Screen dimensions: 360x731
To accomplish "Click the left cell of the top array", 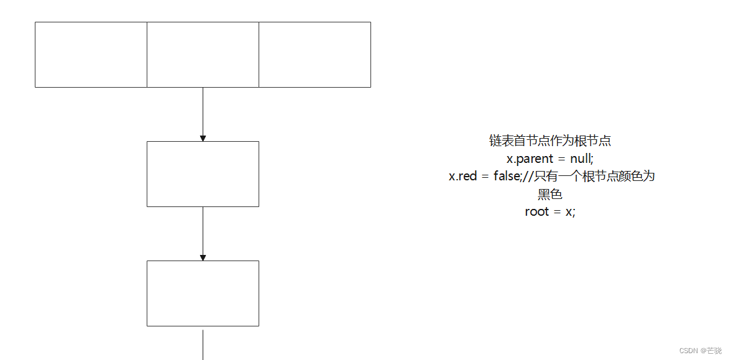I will pyautogui.click(x=91, y=55).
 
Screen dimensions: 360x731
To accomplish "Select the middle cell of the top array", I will pyautogui.click(x=203, y=55).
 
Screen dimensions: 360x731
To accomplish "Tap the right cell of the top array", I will pyautogui.click(x=315, y=55).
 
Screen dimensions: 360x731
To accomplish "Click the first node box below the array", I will pyautogui.click(x=203, y=174).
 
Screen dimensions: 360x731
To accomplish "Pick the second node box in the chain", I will pyautogui.click(x=203, y=293).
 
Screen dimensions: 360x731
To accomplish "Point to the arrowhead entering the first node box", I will pyautogui.click(x=203, y=138).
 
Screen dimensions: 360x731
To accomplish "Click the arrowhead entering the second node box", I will pyautogui.click(x=203, y=257).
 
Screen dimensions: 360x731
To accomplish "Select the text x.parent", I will pyautogui.click(x=530, y=159).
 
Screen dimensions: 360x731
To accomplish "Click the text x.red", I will pyautogui.click(x=462, y=177).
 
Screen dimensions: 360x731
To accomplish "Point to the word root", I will pyautogui.click(x=537, y=212).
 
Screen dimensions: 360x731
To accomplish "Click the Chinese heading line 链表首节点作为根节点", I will pyautogui.click(x=550, y=141).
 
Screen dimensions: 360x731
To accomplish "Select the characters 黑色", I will pyautogui.click(x=550, y=195).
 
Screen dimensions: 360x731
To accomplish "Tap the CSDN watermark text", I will pyautogui.click(x=688, y=351).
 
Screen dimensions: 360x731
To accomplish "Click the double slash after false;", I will pyautogui.click(x=526, y=177).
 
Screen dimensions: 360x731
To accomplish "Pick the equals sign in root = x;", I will pyautogui.click(x=558, y=212).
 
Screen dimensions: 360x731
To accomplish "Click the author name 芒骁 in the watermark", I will pyautogui.click(x=715, y=351).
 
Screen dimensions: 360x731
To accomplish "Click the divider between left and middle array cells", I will pyautogui.click(x=147, y=55).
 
